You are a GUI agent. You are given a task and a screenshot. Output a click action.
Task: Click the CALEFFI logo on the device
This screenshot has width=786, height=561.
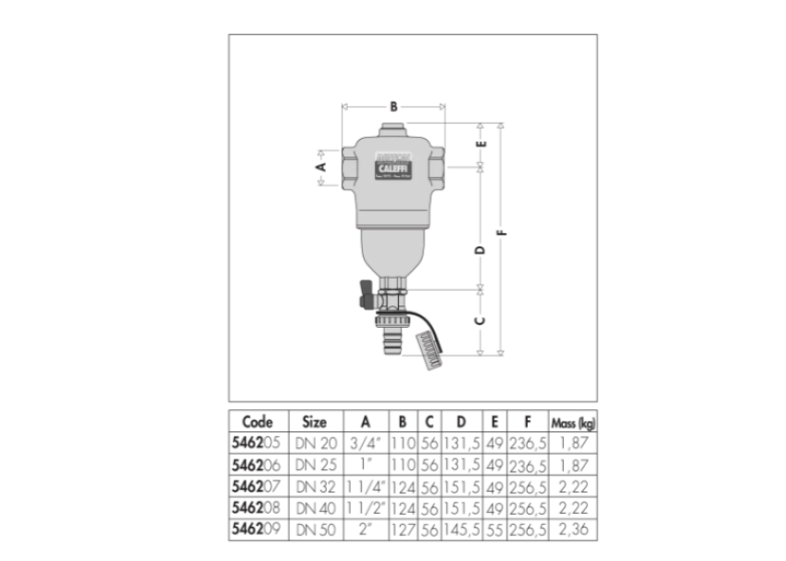point(393,169)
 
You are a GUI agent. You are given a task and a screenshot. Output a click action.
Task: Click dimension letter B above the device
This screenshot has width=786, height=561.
point(393,107)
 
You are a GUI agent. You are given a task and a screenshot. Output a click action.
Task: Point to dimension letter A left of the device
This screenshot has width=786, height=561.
point(322,167)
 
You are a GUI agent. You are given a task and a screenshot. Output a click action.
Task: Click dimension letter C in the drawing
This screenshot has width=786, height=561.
point(480,321)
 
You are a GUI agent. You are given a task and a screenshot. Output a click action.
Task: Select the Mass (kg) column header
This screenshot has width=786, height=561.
point(573,421)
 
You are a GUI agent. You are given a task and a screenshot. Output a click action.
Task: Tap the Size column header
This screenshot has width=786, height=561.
point(315,421)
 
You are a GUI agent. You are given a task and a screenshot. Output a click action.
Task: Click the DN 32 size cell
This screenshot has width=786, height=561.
point(315,485)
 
